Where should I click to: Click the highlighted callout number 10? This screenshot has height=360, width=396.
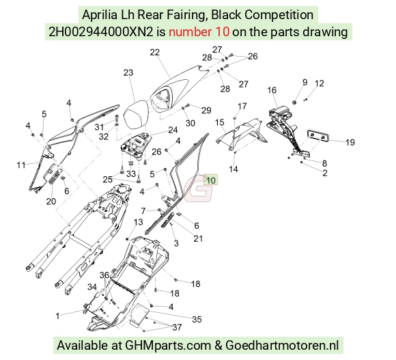tap(210, 180)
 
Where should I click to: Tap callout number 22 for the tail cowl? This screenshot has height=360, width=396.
tap(155, 53)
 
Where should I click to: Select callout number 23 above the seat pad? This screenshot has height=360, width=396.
tap(128, 72)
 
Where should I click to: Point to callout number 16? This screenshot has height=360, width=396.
tap(272, 90)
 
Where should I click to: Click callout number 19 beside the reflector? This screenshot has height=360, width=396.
tap(350, 142)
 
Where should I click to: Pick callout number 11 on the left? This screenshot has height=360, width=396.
tap(21, 165)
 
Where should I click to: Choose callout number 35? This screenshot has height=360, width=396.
tap(197, 319)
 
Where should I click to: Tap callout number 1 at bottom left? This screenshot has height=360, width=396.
tap(57, 316)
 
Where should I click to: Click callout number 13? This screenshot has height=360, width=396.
tap(138, 222)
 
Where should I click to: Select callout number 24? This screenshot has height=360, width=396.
tap(173, 130)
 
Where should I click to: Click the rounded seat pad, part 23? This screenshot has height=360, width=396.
tap(135, 115)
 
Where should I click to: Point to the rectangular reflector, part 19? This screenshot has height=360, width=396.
tap(317, 137)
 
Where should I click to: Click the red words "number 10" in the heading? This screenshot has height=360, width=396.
tap(199, 32)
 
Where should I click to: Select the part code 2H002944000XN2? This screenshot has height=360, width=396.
tap(101, 32)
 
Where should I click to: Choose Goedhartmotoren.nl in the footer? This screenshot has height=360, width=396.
tap(282, 345)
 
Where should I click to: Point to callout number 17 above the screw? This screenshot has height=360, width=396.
tap(242, 106)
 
